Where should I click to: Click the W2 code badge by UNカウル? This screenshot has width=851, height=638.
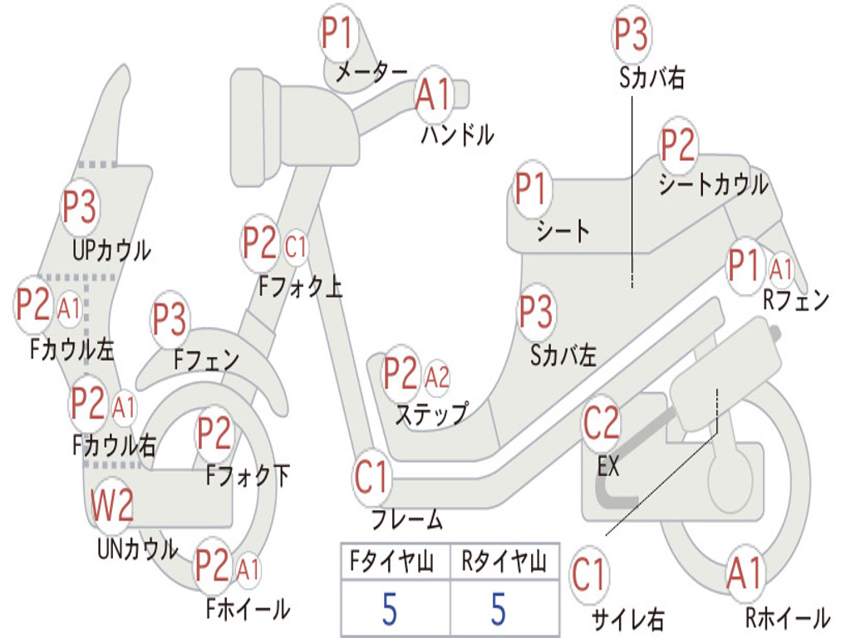112,505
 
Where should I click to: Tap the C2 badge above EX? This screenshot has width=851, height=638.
601,424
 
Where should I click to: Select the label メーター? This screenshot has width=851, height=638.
371,72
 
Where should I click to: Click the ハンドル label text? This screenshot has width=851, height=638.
458,135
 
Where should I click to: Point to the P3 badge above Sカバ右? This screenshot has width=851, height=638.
632,34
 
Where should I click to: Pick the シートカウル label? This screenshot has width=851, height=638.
714,185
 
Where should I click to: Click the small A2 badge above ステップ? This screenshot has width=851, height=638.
437,376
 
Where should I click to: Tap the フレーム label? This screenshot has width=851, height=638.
407,520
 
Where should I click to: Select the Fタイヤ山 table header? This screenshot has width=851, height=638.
391,562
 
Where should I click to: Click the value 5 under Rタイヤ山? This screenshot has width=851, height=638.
499,610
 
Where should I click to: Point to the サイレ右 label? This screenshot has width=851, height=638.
627,620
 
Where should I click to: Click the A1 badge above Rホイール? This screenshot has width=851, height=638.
746,573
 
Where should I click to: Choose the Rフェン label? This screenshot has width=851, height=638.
796,300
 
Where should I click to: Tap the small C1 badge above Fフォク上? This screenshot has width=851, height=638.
296,248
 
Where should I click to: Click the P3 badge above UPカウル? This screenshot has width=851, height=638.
80,207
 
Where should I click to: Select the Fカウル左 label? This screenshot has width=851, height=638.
71,350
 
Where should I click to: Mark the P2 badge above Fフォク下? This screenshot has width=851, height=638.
214,434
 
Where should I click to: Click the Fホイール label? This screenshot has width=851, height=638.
248,609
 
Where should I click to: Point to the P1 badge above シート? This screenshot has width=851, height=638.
530,189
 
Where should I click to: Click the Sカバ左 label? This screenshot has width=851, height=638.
563,356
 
